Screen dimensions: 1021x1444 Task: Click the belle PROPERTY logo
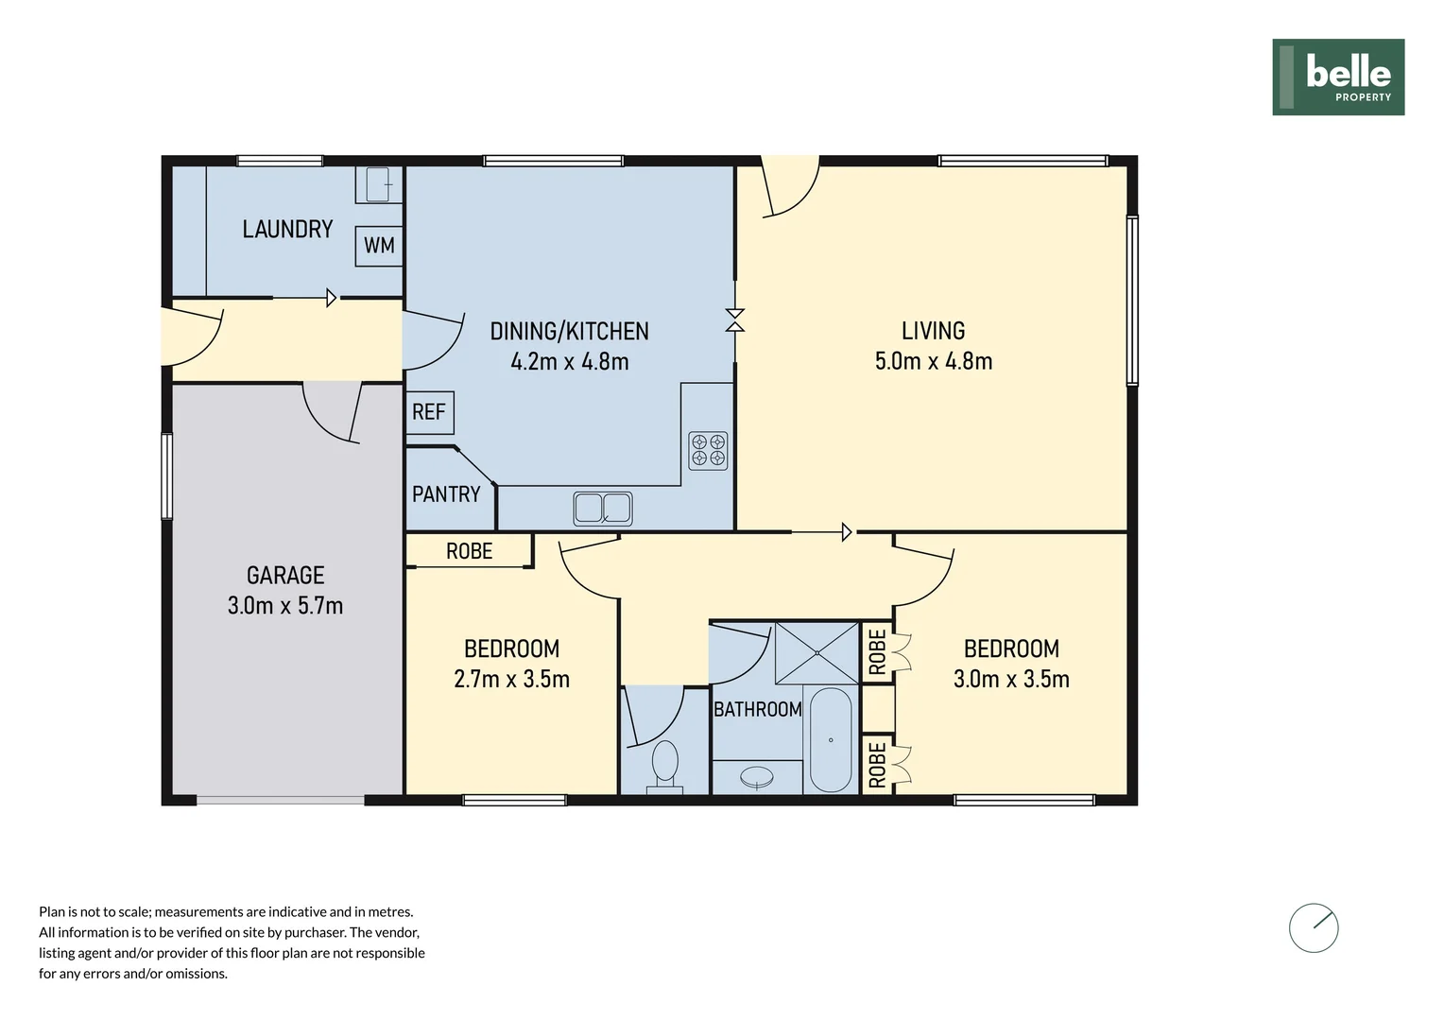pyautogui.click(x=1337, y=78)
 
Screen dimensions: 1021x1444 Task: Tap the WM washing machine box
pyautogui.click(x=379, y=246)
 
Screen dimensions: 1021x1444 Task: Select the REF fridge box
pyautogui.click(x=429, y=412)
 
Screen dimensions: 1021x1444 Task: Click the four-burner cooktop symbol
pyautogui.click(x=708, y=450)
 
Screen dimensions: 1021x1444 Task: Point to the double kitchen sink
pyautogui.click(x=603, y=509)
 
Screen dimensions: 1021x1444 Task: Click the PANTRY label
pyautogui.click(x=446, y=494)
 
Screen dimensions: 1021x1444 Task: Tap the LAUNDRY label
pyautogui.click(x=287, y=230)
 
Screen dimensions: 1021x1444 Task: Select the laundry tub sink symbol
pyautogui.click(x=378, y=184)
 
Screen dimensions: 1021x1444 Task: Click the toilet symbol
pyautogui.click(x=665, y=764)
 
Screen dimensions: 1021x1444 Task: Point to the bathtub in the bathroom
pyautogui.click(x=831, y=740)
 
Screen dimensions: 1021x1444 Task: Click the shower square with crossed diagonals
pyautogui.click(x=817, y=652)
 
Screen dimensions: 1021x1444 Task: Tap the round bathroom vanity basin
pyautogui.click(x=757, y=777)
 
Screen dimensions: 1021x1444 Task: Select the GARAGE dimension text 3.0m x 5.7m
pyautogui.click(x=285, y=606)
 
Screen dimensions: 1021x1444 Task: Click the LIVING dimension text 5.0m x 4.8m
pyautogui.click(x=934, y=361)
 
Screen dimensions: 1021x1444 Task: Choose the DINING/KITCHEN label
pyautogui.click(x=569, y=332)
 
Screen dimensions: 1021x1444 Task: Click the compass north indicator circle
pyautogui.click(x=1314, y=928)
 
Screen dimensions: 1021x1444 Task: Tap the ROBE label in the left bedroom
pyautogui.click(x=469, y=551)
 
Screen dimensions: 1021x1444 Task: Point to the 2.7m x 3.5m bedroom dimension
pyautogui.click(x=511, y=680)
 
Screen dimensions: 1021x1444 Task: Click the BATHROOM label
pyautogui.click(x=757, y=709)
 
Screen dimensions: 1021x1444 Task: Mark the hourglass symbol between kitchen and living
pyautogui.click(x=735, y=320)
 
